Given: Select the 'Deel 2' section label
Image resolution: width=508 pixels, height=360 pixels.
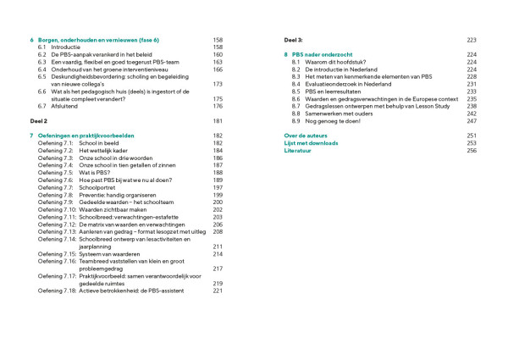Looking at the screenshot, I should [39, 121].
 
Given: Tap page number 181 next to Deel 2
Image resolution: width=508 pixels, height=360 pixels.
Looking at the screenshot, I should [218, 121].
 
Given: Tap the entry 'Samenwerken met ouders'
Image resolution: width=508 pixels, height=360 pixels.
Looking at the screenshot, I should [341, 114].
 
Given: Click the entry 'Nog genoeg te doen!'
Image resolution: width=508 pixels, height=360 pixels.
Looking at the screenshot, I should [336, 121].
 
